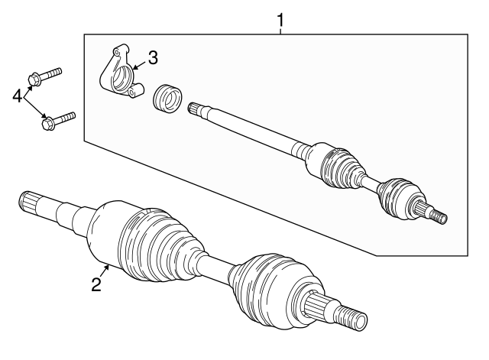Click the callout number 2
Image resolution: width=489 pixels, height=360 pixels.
coord(96,284)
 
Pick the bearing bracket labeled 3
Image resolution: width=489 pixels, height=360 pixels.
coord(120,75)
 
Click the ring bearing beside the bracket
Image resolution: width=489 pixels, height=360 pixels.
coord(167,99)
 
